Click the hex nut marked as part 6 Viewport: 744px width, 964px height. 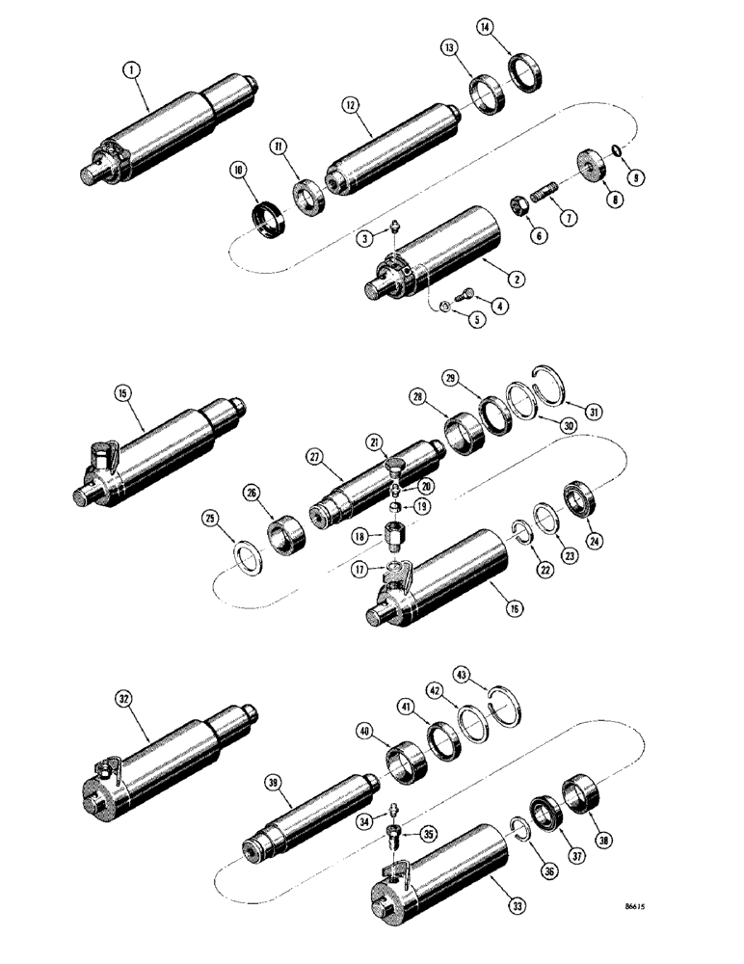pos(517,207)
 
